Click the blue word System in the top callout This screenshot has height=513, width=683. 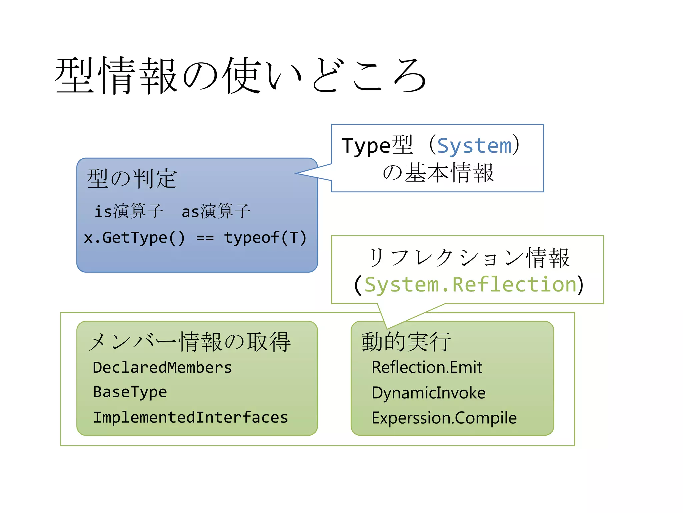pyautogui.click(x=474, y=146)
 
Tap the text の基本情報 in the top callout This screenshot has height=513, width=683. pyautogui.click(x=438, y=173)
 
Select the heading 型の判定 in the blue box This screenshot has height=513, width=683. pyautogui.click(x=131, y=179)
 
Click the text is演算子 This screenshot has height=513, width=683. pyautogui.click(x=129, y=211)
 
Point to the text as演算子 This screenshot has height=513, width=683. pyautogui.click(x=216, y=211)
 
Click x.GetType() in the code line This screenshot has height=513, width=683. pyautogui.click(x=134, y=238)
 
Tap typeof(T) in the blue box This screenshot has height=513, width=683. pyautogui.click(x=265, y=238)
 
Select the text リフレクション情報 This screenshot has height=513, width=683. pyautogui.click(x=468, y=258)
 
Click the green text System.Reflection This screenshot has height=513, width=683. pyautogui.click(x=470, y=285)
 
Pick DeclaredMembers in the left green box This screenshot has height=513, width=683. pyautogui.click(x=162, y=367)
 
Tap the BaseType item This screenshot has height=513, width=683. pyautogui.click(x=130, y=392)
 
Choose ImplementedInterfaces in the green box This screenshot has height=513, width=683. pyautogui.click(x=190, y=417)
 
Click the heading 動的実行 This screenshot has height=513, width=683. pyautogui.click(x=406, y=342)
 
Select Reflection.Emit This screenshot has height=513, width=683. pyautogui.click(x=427, y=367)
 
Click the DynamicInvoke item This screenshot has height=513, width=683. pyautogui.click(x=429, y=393)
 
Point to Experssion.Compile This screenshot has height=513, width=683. pyautogui.click(x=444, y=418)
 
